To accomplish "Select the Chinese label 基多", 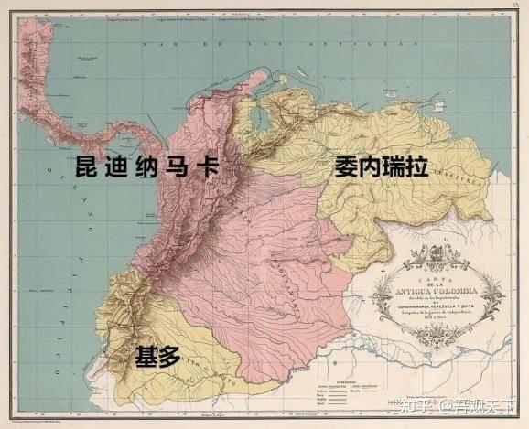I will pos(158,355).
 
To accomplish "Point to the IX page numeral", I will pos(514,5).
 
